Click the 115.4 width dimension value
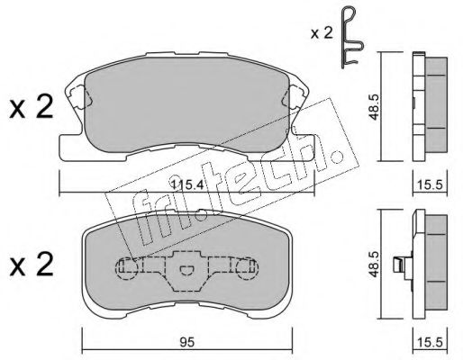185,184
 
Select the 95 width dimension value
186,341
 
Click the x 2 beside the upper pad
29,111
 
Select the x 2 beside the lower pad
29,265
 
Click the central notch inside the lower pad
186,270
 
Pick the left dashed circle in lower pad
125,266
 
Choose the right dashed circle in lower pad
248,266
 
